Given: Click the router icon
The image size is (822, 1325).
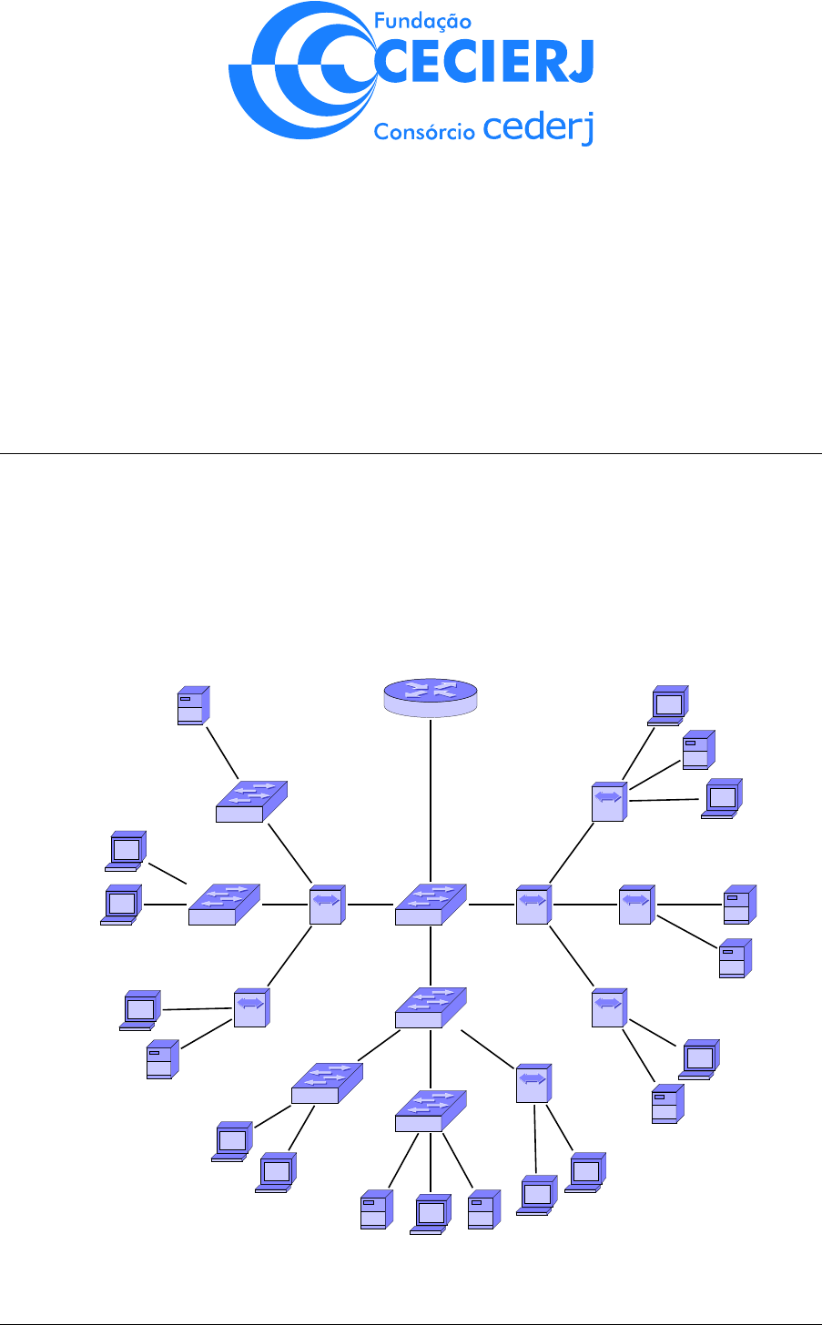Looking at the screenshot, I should pos(430,696).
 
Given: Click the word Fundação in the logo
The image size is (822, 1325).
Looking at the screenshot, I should pos(423,20).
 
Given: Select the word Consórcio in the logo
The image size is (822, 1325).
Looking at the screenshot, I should pos(424,131).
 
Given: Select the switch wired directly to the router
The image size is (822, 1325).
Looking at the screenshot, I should pos(430,903).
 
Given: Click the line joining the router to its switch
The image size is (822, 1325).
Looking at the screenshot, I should pos(430,801).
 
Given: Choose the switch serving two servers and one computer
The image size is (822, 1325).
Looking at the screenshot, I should pos(430,1110).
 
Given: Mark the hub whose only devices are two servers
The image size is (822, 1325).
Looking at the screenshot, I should pos(635,904).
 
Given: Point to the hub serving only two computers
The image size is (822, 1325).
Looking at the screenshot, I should pos(533,1082).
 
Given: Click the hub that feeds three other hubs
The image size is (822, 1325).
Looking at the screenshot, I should pos(533,903).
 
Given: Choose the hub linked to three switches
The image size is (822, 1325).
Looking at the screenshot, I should pos(326,903).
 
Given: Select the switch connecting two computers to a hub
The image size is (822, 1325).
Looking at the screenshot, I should pos(223,904).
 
